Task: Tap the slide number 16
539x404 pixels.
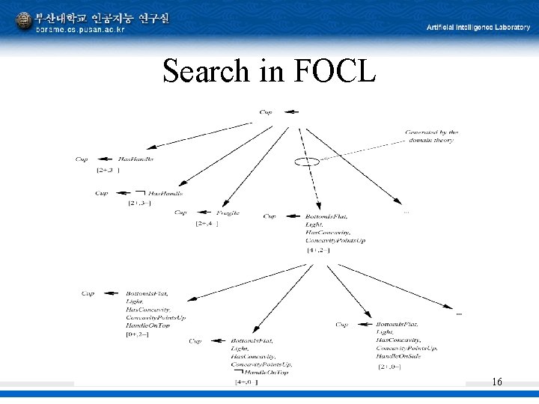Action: pyautogui.click(x=496, y=382)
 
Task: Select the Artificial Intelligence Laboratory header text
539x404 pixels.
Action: pyautogui.click(x=478, y=27)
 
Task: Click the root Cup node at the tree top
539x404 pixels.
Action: pyautogui.click(x=266, y=112)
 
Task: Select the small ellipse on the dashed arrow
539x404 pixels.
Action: pyautogui.click(x=306, y=161)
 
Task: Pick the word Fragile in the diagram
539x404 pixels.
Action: pyautogui.click(x=229, y=212)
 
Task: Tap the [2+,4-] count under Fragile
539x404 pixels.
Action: pyautogui.click(x=207, y=224)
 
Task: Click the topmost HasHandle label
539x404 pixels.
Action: pyautogui.click(x=135, y=159)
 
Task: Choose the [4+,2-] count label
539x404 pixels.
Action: pyautogui.click(x=318, y=250)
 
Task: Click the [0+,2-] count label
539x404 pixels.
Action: pyautogui.click(x=137, y=334)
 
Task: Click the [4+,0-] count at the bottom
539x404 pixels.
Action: pyautogui.click(x=246, y=382)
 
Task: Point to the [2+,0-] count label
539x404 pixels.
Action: pyautogui.click(x=391, y=367)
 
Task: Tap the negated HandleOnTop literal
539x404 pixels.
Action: pyautogui.click(x=266, y=373)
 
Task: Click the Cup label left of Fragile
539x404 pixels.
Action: pyautogui.click(x=180, y=212)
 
